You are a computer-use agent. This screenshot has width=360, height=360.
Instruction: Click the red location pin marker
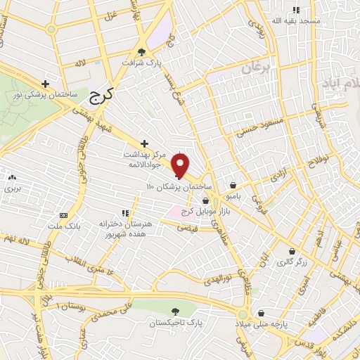pyautogui.click(x=181, y=165)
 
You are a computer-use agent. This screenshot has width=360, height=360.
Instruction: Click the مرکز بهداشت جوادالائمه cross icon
pyautogui.click(x=144, y=143)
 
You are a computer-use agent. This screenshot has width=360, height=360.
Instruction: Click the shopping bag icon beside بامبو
pyautogui.click(x=232, y=186)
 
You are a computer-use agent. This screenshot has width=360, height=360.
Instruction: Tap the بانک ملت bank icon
pyautogui.click(x=64, y=215)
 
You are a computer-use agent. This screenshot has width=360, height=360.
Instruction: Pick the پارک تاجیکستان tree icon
pyautogui.click(x=174, y=311)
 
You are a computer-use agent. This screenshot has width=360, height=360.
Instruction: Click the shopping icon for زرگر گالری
pyautogui.click(x=292, y=251)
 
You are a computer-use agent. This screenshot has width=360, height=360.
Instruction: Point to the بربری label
pyautogui.click(x=12, y=189)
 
